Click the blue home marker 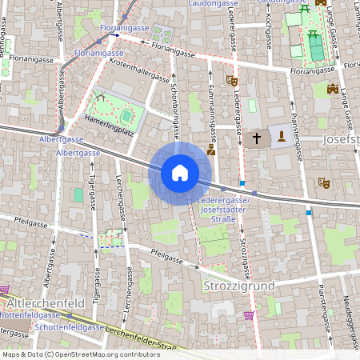(180, 173)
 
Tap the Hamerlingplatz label (108, 121)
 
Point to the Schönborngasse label (174, 115)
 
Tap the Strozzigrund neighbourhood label (239, 286)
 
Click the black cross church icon (257, 138)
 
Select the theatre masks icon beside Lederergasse (232, 80)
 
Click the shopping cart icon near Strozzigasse (249, 315)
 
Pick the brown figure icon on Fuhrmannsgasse (211, 149)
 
